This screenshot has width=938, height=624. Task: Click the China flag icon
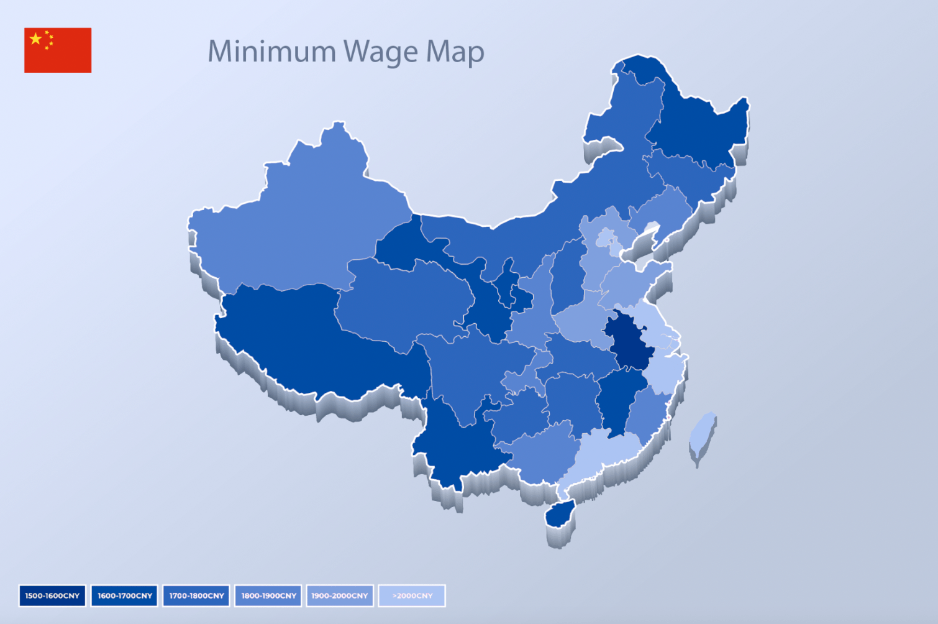pos(58,50)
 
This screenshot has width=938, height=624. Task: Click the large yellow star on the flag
pos(36,39)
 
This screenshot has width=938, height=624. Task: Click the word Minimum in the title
pos(271,52)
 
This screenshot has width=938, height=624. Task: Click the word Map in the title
pos(455,52)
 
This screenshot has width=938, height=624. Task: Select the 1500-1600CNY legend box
pos(52,595)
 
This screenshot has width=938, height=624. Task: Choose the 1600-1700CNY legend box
pos(124,595)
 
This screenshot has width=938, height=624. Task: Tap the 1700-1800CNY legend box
pos(196,595)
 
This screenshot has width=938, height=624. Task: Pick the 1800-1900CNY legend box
pos(268,595)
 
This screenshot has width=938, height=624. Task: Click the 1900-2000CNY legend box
pos(340,595)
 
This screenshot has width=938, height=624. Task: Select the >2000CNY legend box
pos(412,595)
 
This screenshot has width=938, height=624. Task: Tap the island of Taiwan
pos(703,434)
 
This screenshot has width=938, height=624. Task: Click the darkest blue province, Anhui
pos(629,339)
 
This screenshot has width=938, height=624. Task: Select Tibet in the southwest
pos(311,342)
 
